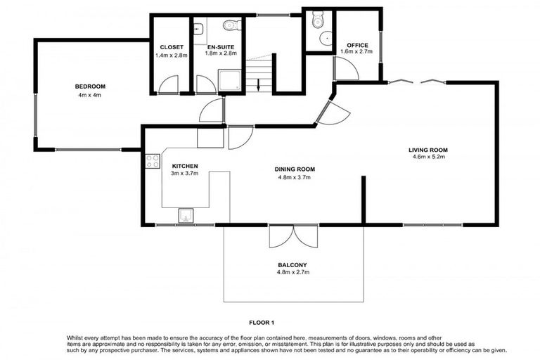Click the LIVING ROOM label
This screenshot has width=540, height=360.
(428, 150)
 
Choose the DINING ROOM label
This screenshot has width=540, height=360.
(295, 169)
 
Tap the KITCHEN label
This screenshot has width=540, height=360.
(185, 167)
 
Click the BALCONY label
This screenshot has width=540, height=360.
(293, 265)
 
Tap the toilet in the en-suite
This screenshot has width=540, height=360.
(231, 27)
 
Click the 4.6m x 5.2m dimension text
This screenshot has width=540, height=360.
(428, 157)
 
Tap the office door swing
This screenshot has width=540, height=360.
(344, 69)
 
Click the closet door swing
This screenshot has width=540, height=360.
(169, 84)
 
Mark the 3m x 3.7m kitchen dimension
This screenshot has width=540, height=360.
(185, 174)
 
